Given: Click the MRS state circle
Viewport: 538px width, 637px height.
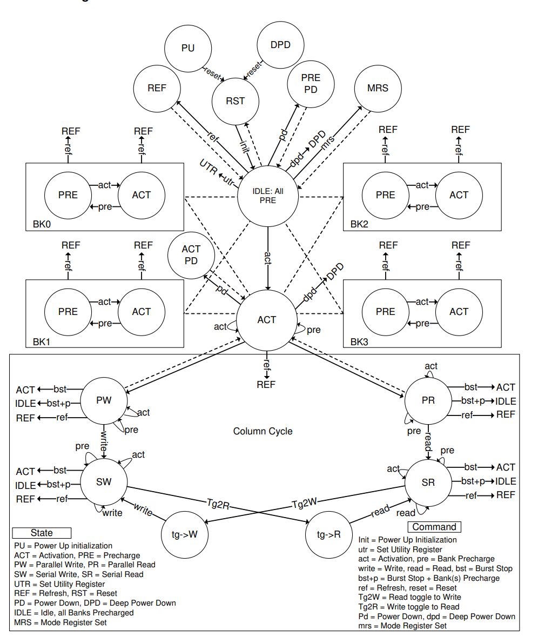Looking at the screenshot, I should (378, 89).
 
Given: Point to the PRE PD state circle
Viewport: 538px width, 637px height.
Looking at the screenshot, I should (311, 83).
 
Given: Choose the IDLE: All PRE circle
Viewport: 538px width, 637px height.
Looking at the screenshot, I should (267, 195).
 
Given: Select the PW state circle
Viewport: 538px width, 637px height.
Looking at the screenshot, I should (103, 400).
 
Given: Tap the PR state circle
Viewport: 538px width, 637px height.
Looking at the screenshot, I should (428, 400).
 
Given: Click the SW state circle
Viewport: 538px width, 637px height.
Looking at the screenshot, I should (103, 482).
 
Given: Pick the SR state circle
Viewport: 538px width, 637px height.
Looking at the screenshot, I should (428, 482).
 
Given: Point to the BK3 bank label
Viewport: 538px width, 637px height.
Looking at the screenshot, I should (360, 341).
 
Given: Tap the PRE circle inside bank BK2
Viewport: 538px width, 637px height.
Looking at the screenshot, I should (386, 195).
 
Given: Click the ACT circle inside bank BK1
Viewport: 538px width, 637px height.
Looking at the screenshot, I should (142, 312).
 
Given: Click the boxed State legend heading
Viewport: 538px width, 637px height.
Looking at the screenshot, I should (42, 533).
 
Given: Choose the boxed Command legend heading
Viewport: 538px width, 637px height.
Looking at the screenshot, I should (434, 527).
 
